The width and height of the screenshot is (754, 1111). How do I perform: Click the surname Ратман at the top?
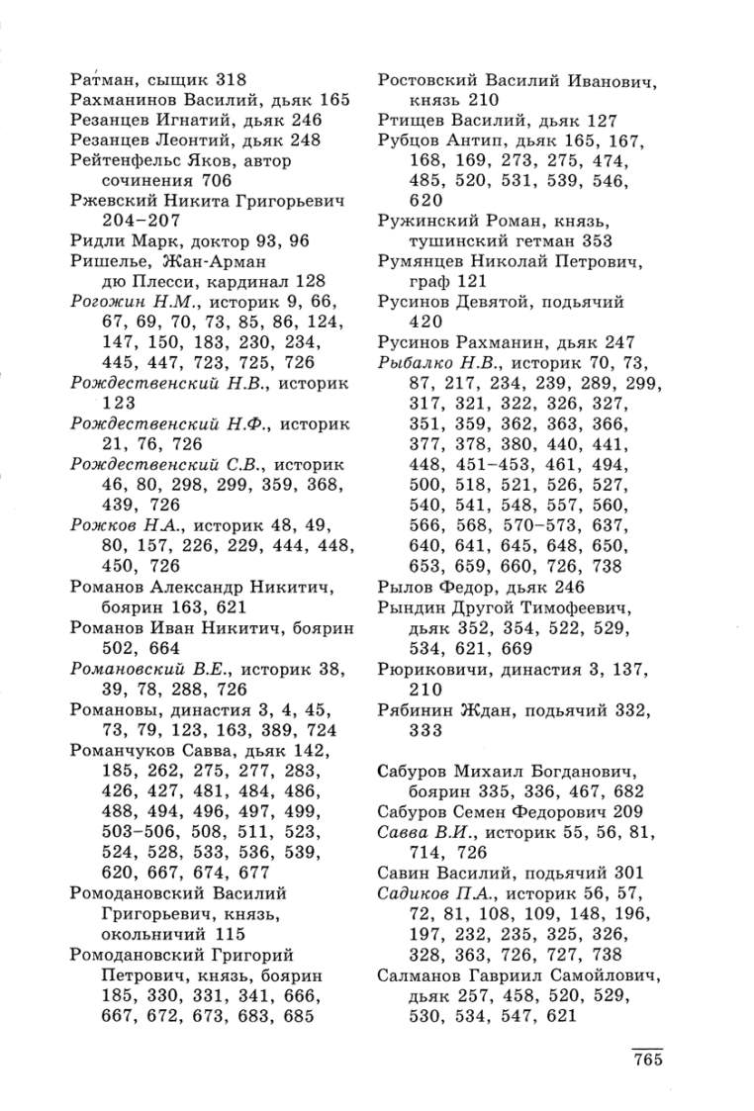point(102,78)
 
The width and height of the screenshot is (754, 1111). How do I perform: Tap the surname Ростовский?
point(428,78)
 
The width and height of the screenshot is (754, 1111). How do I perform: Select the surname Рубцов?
point(411,141)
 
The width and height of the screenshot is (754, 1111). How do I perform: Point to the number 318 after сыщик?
point(224,78)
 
